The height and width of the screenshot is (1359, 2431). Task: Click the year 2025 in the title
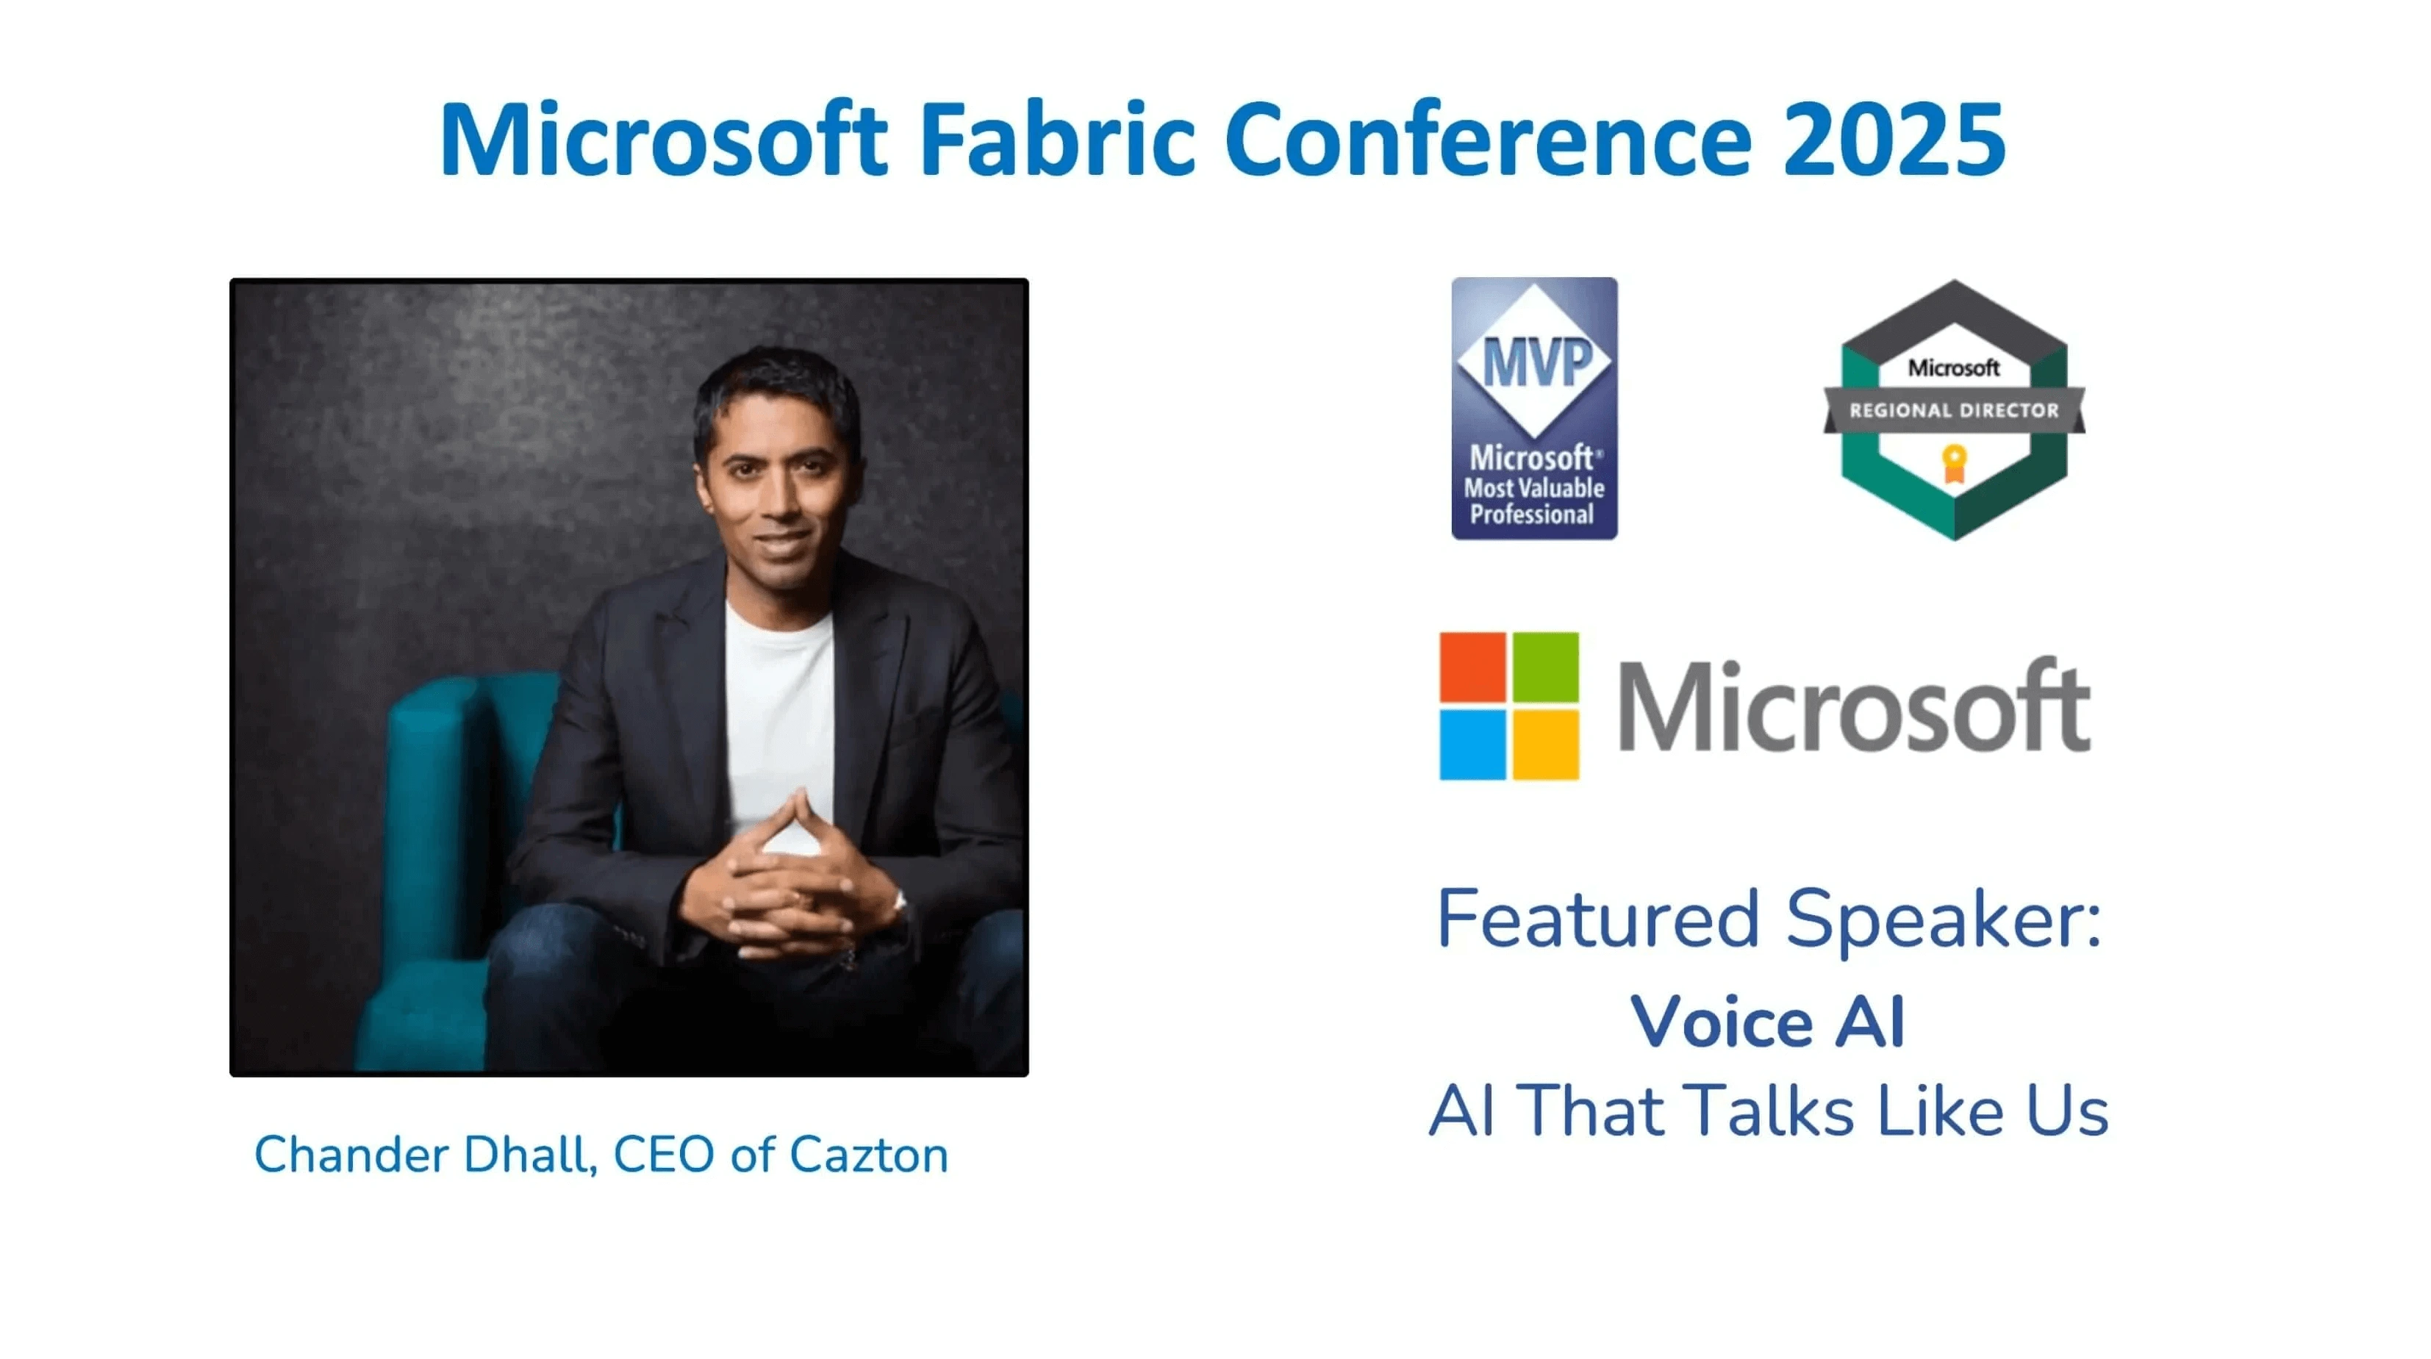[1895, 140]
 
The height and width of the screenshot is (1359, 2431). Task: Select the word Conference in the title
[1489, 140]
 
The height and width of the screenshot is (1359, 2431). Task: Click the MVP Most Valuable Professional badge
[1534, 409]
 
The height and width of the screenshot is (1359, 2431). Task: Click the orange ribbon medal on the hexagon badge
[1953, 463]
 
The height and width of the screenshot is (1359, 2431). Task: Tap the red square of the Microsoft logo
[1472, 665]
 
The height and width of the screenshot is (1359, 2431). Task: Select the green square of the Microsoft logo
[1546, 665]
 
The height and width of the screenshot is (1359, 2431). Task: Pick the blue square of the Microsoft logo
[1472, 745]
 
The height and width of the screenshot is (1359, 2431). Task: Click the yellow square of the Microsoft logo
[1546, 745]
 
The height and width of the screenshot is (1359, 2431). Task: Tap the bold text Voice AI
[1768, 1021]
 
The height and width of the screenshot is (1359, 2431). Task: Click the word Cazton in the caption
[868, 1155]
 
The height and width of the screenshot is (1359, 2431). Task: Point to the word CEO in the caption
[663, 1155]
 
